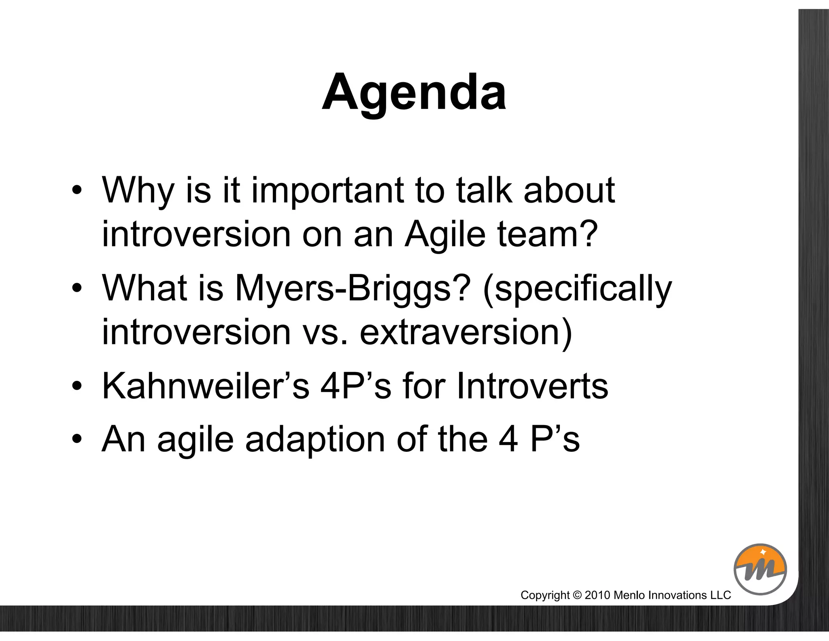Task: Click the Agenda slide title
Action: point(414,92)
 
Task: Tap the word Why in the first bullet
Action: point(138,190)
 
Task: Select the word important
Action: point(328,190)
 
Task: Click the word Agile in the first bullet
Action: point(445,234)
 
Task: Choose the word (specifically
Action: point(577,288)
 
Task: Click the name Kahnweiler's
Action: point(206,386)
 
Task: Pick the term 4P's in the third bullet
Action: point(356,386)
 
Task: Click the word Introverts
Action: point(532,386)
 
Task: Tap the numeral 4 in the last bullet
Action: point(508,440)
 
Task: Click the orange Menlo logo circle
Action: point(760,569)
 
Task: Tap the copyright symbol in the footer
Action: point(578,595)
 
